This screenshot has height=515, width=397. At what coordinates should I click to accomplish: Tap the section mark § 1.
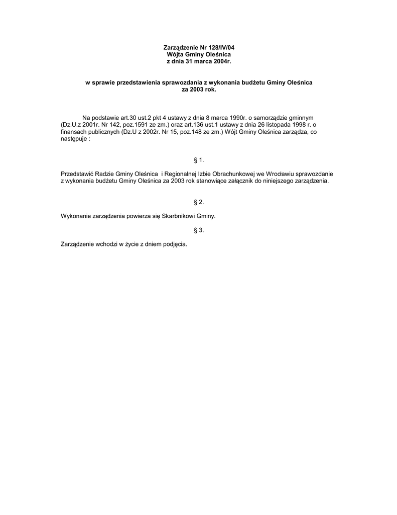198,160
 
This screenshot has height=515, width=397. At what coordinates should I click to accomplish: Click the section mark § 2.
198,202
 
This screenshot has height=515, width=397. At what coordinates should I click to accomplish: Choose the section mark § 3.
198,230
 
